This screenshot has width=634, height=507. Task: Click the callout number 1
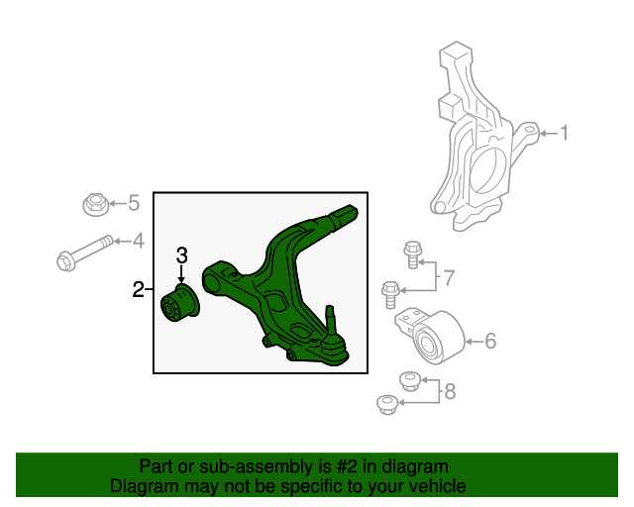tap(566, 133)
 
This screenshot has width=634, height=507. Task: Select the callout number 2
tap(139, 290)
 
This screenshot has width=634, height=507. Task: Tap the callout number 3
tap(182, 255)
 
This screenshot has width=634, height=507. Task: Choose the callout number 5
tap(134, 204)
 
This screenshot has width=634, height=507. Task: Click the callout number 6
tap(489, 343)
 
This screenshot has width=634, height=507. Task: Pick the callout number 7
tap(448, 278)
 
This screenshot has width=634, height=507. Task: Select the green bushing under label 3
tap(181, 303)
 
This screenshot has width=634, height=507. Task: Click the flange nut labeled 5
tap(94, 206)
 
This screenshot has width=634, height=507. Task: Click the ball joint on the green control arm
tap(333, 342)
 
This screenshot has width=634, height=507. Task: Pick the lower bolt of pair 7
tap(390, 293)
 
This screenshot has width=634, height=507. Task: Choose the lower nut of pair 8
tap(387, 404)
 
